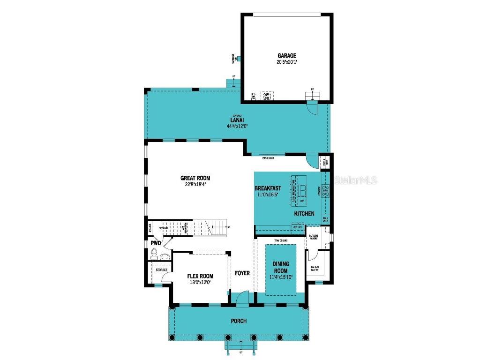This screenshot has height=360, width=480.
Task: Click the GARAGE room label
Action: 286,56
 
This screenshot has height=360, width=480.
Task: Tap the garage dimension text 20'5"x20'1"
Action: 286,62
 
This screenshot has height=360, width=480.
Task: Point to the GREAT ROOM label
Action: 195,178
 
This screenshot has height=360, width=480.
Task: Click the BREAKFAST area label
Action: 268,188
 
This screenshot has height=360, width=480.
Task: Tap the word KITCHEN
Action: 304,214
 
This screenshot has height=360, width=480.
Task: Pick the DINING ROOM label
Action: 281,267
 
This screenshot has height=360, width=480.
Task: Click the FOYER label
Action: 242,273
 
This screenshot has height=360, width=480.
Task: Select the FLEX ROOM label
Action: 200,276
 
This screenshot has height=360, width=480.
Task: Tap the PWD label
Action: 156,244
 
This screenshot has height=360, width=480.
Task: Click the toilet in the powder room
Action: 155,254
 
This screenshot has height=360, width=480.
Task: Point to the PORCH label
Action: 238,321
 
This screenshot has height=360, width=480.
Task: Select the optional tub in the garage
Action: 267,97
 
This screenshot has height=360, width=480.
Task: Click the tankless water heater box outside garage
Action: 239,59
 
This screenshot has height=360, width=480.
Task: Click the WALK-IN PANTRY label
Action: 315,269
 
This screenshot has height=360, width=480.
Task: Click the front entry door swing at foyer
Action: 242,297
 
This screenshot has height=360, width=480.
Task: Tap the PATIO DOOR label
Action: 268,158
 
